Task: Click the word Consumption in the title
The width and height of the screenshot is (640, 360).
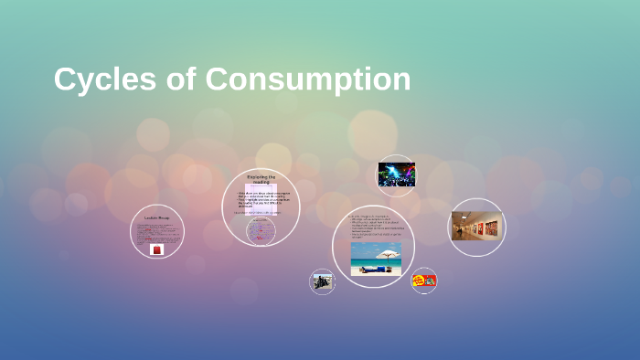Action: (307, 79)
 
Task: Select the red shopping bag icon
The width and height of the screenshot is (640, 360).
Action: (156, 249)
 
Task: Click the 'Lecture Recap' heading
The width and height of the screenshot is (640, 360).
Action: (157, 218)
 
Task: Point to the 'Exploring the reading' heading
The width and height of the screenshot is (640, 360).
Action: (261, 180)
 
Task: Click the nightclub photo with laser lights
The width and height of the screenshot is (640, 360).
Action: (397, 175)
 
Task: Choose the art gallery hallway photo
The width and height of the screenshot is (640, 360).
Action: (476, 226)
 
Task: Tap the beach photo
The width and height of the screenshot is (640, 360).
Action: (376, 259)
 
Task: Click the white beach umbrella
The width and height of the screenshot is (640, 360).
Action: (388, 255)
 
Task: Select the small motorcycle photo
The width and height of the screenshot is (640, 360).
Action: (322, 281)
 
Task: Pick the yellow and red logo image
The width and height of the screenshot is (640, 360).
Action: (423, 281)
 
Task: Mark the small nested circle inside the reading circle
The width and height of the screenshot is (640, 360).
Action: (261, 229)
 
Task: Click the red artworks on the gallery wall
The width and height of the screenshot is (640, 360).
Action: (485, 224)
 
